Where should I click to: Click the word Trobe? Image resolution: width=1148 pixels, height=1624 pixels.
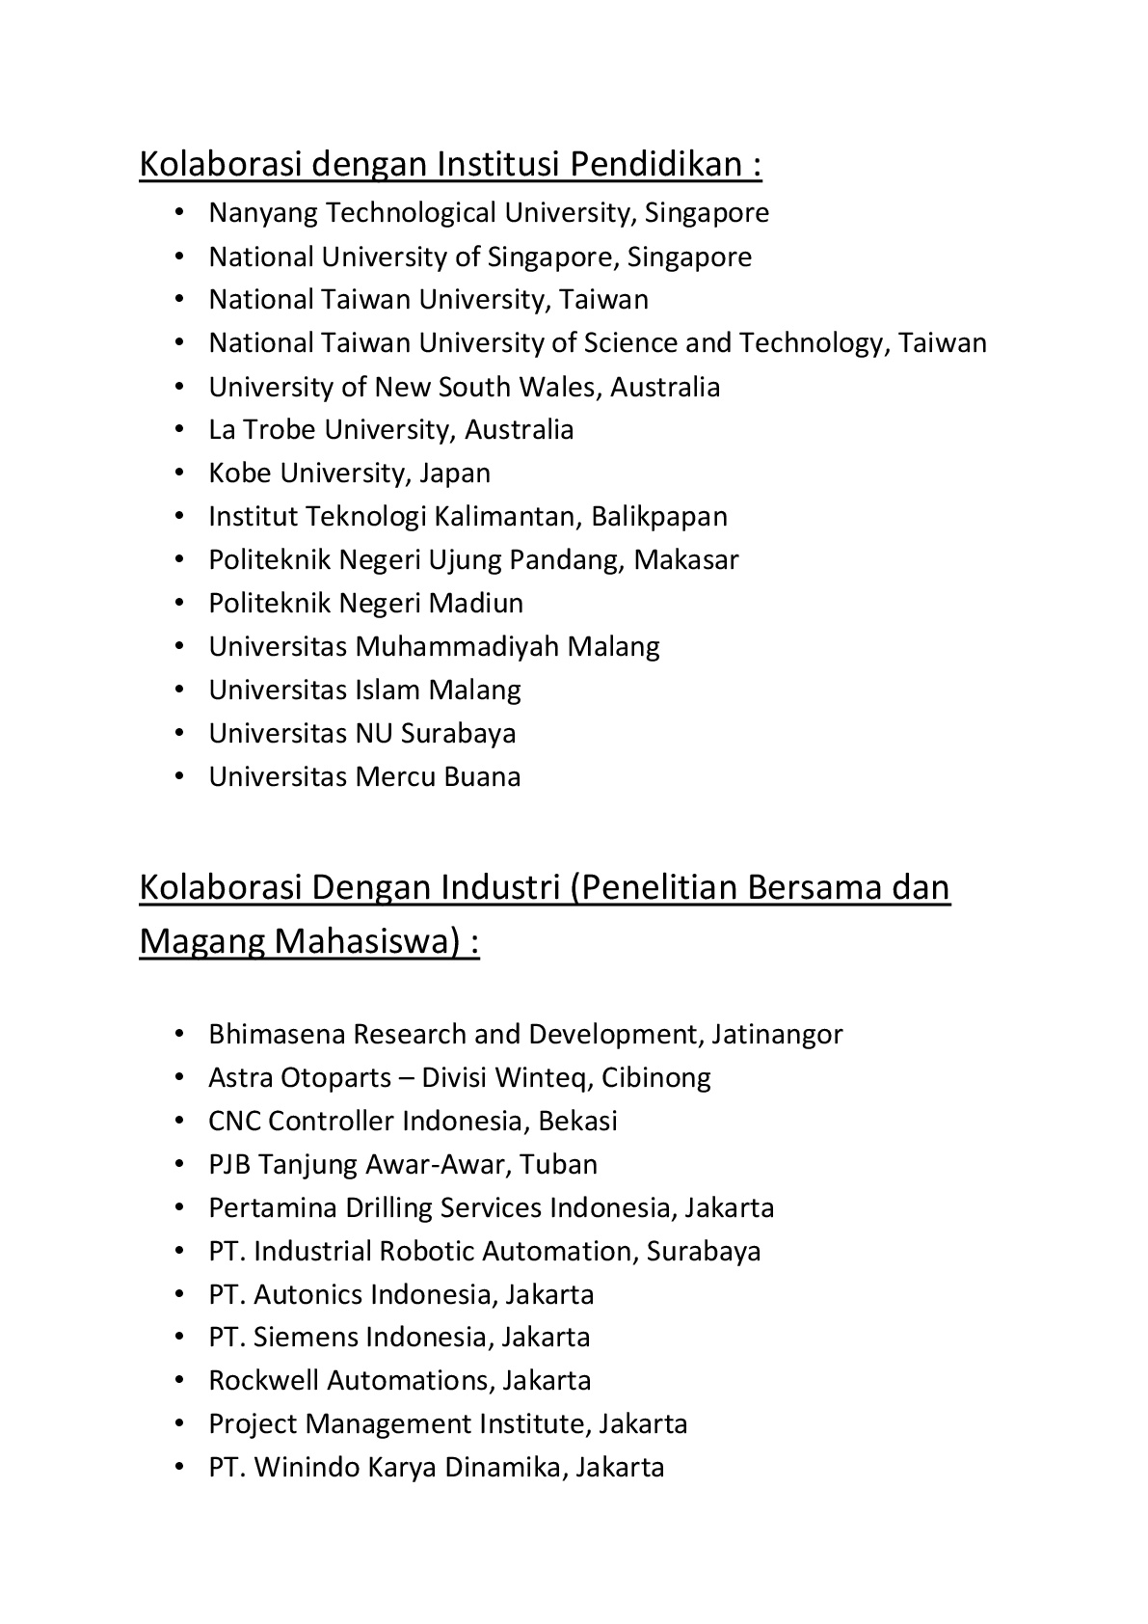coord(280,429)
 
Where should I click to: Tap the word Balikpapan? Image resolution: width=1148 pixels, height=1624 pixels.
coord(659,517)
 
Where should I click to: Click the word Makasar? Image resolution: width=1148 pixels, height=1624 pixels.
coord(686,560)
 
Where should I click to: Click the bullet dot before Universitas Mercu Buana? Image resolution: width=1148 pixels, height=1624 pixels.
coord(179,776)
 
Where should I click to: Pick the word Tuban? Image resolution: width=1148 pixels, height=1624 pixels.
coord(559,1165)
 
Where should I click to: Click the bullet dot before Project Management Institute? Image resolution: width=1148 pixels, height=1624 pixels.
coord(179,1424)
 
